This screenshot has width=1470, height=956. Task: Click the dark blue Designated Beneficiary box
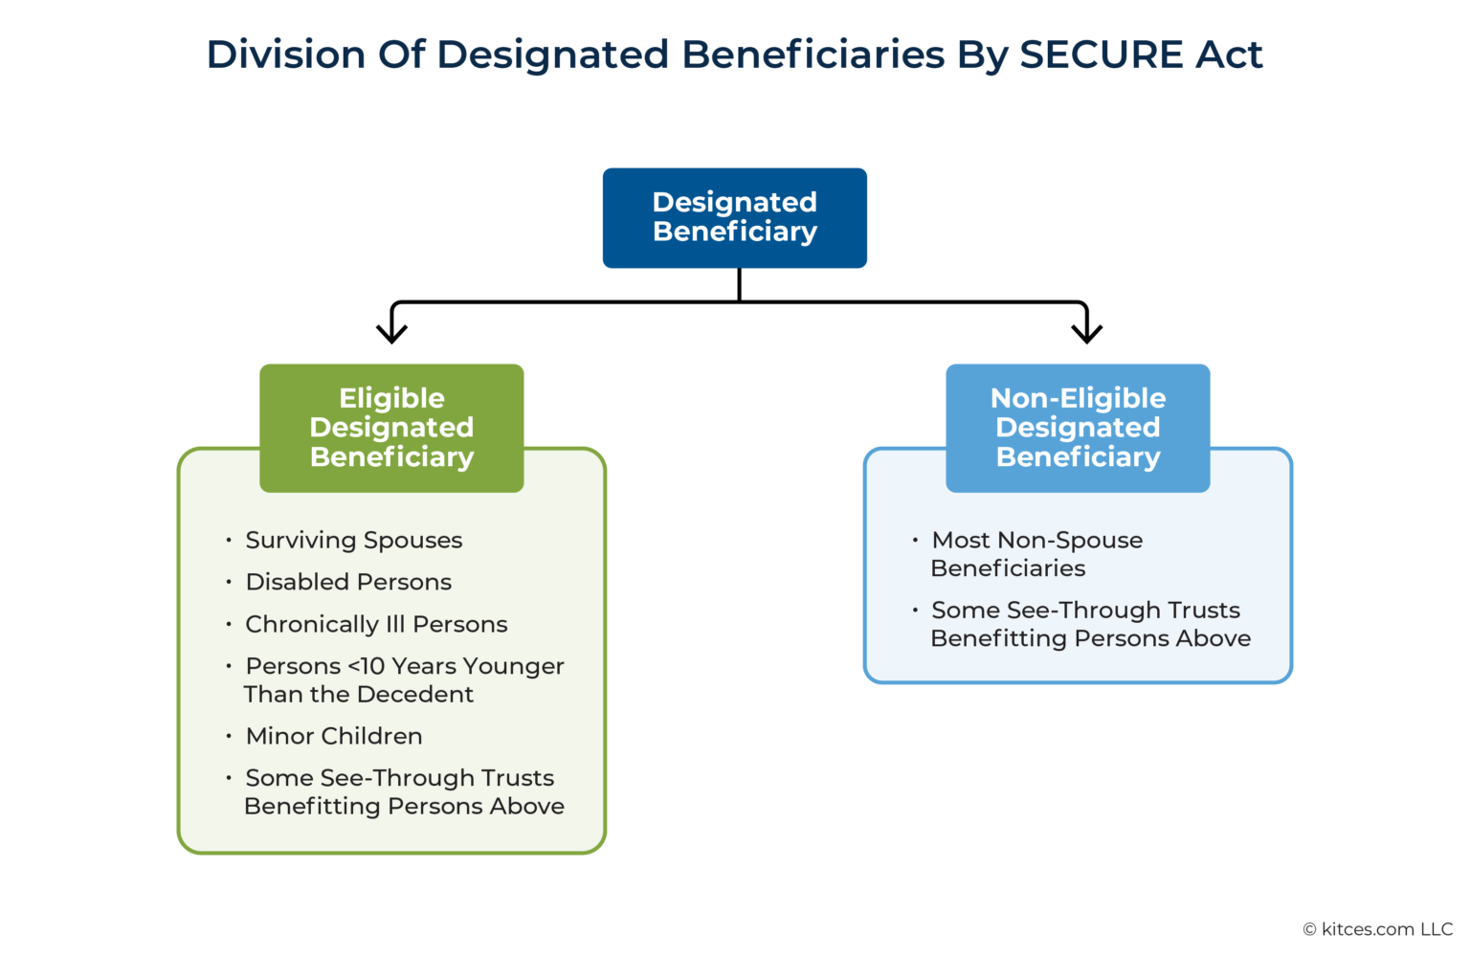pyautogui.click(x=734, y=217)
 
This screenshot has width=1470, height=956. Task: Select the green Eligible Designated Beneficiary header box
pyautogui.click(x=391, y=427)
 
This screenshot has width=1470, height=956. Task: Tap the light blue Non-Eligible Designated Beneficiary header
pyautogui.click(x=1078, y=427)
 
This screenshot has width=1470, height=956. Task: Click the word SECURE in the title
pyautogui.click(x=1101, y=55)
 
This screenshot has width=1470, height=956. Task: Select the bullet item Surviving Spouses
pyautogui.click(x=353, y=540)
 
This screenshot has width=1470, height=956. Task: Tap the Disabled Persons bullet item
pyautogui.click(x=348, y=582)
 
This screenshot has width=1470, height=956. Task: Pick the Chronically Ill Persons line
pyautogui.click(x=376, y=624)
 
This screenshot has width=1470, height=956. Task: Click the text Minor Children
pyautogui.click(x=333, y=736)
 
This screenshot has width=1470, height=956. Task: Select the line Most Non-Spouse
pyautogui.click(x=1036, y=540)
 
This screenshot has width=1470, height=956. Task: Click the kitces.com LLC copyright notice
pyautogui.click(x=1377, y=929)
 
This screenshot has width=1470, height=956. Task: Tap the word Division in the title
pyautogui.click(x=286, y=55)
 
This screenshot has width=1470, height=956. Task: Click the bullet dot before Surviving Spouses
pyautogui.click(x=229, y=541)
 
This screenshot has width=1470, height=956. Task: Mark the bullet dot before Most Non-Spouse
pyautogui.click(x=915, y=541)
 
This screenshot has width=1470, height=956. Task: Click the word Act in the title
pyautogui.click(x=1229, y=55)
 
